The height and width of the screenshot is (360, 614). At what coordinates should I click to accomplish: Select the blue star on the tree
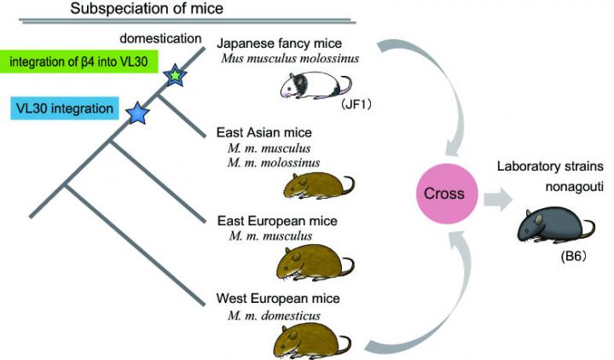(x=136, y=112)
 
